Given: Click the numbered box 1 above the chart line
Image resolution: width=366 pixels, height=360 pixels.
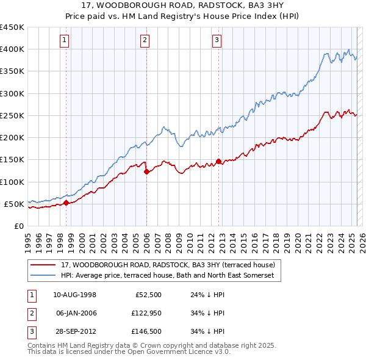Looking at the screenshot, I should pyautogui.click(x=65, y=41).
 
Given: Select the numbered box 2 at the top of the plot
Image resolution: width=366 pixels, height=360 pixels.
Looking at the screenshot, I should pyautogui.click(x=145, y=41).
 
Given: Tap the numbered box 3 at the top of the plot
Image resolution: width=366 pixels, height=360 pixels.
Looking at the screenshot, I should pyautogui.click(x=217, y=41).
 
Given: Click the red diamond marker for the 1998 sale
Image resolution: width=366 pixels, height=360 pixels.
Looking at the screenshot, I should pyautogui.click(x=66, y=203).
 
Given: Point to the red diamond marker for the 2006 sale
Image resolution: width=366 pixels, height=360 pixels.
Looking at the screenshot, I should pyautogui.click(x=146, y=172).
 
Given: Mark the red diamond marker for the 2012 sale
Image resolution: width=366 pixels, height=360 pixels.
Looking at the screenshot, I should pyautogui.click(x=219, y=162).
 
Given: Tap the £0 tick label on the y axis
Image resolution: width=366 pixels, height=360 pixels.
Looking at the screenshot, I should pyautogui.click(x=18, y=226).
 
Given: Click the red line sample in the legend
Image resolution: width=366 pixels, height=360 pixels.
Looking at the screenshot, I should pyautogui.click(x=43, y=265).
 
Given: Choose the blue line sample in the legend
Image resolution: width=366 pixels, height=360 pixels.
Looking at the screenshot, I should pyautogui.click(x=43, y=275).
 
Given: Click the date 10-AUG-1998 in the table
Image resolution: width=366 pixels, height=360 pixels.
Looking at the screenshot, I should pyautogui.click(x=75, y=295).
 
